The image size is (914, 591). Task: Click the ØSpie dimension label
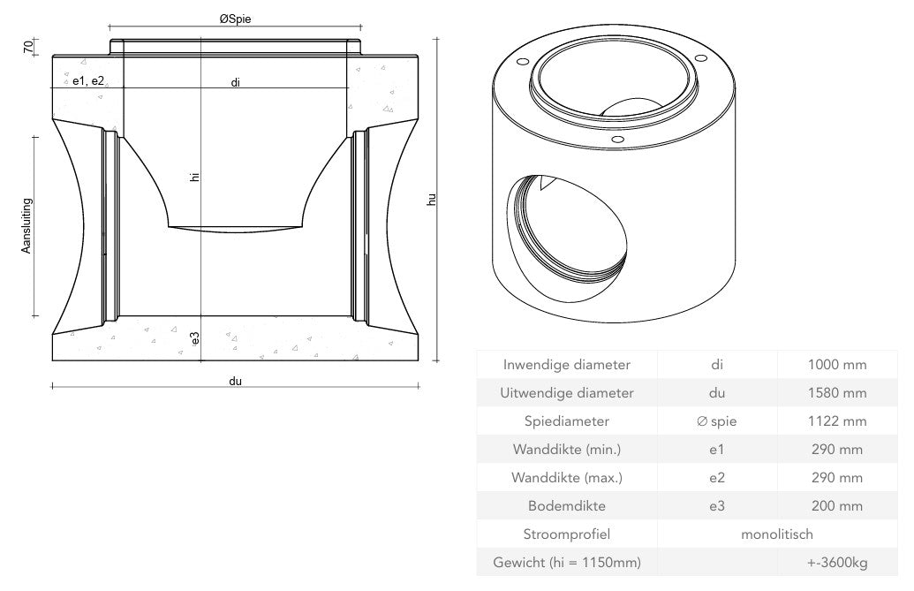pos(235,18)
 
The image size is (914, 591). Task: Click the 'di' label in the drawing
pos(235,82)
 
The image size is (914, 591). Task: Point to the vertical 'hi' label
pos(195,177)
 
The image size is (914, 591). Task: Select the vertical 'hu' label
pos(432,201)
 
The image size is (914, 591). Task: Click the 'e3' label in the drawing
pos(195,337)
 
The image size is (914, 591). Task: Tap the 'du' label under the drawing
pos(235,382)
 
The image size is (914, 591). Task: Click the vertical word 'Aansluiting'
pos(26,225)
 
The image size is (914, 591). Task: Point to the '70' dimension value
pos(27,46)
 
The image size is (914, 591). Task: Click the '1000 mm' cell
pos(836,364)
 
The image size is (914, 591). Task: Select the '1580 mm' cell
pos(836,392)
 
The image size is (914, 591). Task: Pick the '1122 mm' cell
pos(836,421)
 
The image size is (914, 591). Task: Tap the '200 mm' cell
pos(836,506)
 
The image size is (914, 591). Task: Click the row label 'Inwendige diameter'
pos(566,364)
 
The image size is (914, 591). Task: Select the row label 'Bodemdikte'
pos(566,506)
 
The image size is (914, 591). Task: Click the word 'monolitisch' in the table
pos(776,534)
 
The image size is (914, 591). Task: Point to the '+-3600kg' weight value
pos(836,563)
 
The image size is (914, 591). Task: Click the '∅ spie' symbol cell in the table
pos(716,421)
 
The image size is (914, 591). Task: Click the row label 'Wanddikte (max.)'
pos(566,478)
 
